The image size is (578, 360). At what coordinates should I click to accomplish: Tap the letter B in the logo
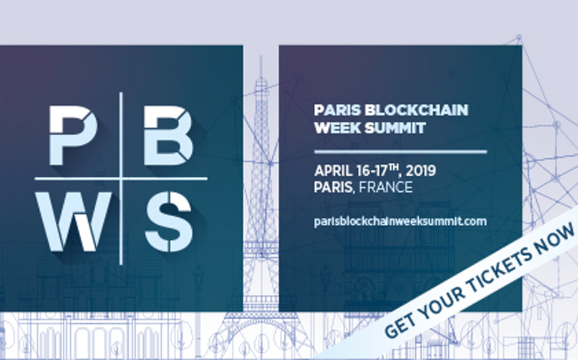[168, 135]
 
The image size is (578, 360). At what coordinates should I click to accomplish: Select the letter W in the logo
[73, 221]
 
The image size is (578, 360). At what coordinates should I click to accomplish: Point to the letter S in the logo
[169, 221]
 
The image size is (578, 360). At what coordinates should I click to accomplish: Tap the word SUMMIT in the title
[395, 128]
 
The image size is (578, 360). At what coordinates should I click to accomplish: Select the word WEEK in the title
[337, 128]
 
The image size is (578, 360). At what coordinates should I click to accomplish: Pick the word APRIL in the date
[333, 171]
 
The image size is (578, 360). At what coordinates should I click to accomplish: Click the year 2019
[421, 171]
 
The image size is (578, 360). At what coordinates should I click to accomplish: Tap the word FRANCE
[386, 188]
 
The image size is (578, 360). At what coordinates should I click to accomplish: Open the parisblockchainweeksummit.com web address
[400, 221]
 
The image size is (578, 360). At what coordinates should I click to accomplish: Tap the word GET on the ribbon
[399, 325]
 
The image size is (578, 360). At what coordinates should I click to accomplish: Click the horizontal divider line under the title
[400, 151]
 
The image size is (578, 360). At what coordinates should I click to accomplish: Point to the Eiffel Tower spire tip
[261, 56]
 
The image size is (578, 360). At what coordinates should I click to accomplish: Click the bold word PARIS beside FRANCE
[333, 188]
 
